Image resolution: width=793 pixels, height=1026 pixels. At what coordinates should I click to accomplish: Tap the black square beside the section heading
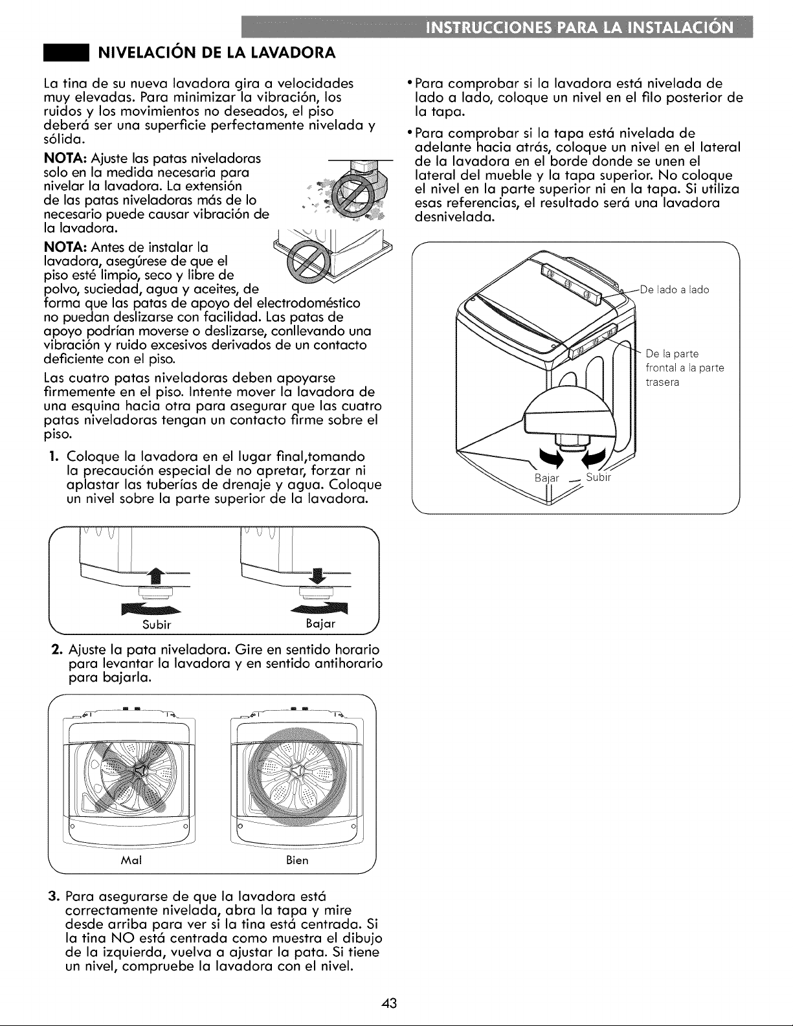(x=66, y=52)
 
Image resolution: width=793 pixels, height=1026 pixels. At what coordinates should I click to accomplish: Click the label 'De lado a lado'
(x=675, y=290)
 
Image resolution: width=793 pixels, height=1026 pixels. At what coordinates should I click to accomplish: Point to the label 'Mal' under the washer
(x=131, y=860)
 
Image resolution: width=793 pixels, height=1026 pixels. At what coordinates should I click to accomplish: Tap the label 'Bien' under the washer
(x=297, y=860)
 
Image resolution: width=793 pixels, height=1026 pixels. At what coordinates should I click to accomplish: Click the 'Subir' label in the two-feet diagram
(x=156, y=625)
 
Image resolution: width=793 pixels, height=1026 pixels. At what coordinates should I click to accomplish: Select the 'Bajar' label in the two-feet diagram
(x=320, y=624)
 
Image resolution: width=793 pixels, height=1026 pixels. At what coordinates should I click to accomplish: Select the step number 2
(x=54, y=650)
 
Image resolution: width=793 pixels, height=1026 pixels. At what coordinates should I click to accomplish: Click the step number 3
(x=53, y=896)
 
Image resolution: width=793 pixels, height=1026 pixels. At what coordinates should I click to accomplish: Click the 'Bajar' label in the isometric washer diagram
(x=546, y=478)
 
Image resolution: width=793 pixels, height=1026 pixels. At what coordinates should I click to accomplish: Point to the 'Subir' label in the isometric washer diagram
(x=599, y=477)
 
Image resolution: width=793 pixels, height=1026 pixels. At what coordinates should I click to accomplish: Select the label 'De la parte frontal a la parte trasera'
(x=685, y=368)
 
